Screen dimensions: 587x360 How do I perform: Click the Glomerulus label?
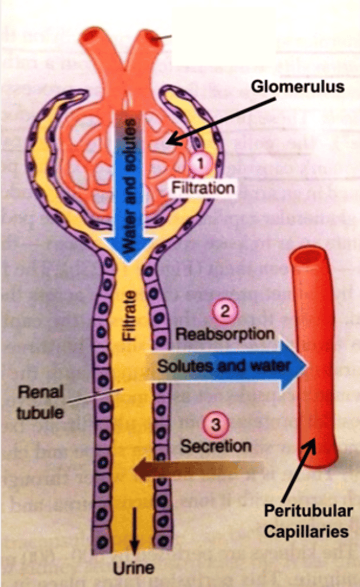click(x=297, y=87)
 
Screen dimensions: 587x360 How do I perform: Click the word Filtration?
click(x=202, y=187)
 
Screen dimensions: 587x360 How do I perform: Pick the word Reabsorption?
click(x=225, y=334)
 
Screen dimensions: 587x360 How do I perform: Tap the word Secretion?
click(x=216, y=446)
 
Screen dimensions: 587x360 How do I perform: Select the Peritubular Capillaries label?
click(x=308, y=521)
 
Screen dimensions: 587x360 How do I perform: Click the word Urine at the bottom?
click(x=134, y=568)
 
